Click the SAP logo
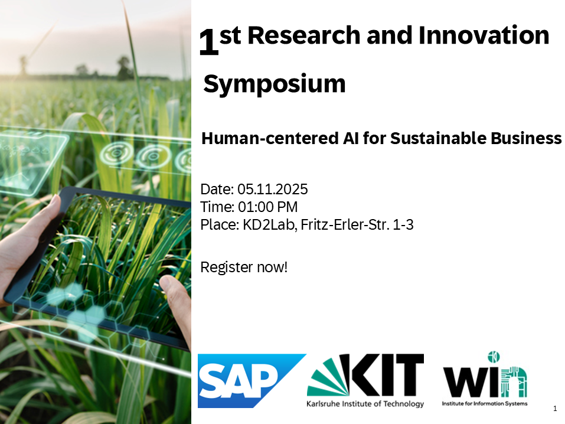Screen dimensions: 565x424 coord(252,381)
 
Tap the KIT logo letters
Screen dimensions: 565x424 coord(387,375)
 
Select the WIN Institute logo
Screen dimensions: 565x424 coord(485,379)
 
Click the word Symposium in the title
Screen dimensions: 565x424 coord(275,84)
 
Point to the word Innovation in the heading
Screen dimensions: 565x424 coord(484,35)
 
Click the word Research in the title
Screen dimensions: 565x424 coord(304,35)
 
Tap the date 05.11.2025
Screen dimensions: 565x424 coord(273,190)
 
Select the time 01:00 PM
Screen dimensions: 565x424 coord(267,207)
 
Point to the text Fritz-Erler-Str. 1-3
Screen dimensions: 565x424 coord(357,224)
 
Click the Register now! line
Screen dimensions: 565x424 coord(244,267)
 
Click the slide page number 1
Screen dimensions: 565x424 coord(555,409)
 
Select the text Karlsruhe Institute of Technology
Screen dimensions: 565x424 coord(365,404)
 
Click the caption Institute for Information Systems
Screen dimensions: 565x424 coord(485,403)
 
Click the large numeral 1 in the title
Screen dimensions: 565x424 coord(209,42)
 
